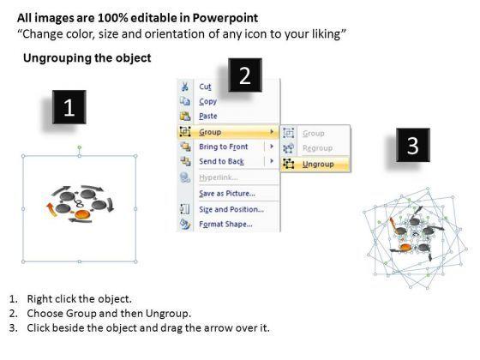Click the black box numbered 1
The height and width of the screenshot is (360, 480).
coord(69,107)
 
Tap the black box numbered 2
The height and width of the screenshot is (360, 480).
coord(245,75)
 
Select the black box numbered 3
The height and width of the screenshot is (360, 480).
coord(413,145)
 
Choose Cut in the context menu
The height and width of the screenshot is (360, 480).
coord(205,87)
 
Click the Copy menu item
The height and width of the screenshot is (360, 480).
coord(207,101)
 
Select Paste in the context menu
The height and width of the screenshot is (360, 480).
coord(208,116)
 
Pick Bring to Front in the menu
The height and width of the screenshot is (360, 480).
coord(224,147)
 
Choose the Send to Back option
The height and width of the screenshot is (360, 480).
coord(221,161)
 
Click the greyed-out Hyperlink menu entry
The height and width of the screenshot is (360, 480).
coord(219,177)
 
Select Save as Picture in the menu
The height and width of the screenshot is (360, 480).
coord(227,194)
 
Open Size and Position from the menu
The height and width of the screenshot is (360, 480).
coord(231,209)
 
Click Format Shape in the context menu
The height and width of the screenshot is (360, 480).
coord(226,224)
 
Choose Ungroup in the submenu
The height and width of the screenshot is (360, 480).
coord(318,164)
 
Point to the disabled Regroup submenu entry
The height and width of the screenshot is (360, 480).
coord(317,148)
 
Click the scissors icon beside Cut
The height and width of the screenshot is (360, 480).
coord(185,87)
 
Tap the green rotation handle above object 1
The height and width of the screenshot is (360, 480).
coord(79,147)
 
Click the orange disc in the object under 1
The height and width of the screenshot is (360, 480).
coord(82,214)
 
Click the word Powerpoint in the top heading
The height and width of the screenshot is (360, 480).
coord(225,18)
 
